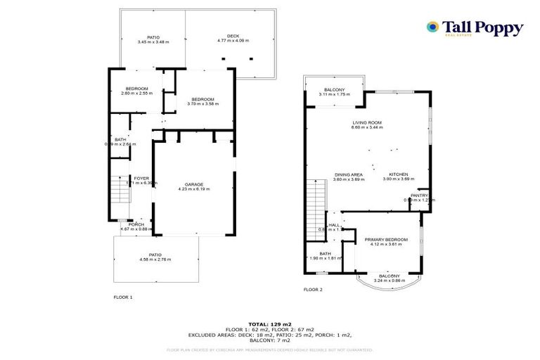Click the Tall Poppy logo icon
pos(432,27)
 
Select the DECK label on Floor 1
pos(223,37)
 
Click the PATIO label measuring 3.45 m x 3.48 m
pos(153,37)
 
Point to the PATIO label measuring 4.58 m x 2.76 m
pos(155,255)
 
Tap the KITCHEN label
pos(399,174)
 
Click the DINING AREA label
pos(348,174)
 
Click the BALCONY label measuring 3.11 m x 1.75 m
pos(333,91)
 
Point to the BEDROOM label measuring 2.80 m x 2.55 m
pos(135,89)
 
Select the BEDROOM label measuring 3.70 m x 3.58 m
pos(203,99)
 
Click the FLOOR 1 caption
pos(122,297)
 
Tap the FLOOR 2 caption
pos(313,289)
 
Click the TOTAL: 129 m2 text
pos(270,324)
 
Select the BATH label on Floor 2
pos(324,254)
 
